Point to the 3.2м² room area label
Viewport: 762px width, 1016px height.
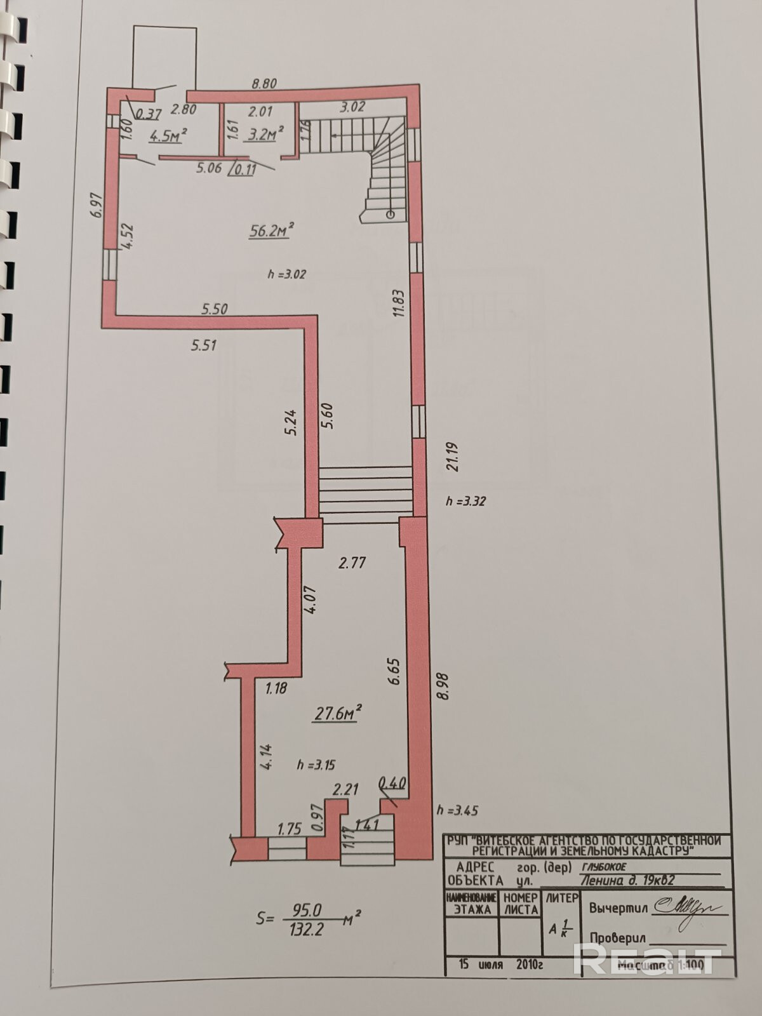265,133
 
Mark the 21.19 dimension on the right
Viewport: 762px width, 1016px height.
452,457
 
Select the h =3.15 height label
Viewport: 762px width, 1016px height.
316,765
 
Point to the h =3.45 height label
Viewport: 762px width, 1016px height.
457,810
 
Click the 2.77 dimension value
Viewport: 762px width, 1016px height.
352,563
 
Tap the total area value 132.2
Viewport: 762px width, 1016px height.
307,930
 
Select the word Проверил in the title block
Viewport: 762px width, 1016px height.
617,938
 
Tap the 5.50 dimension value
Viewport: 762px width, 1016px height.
214,309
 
